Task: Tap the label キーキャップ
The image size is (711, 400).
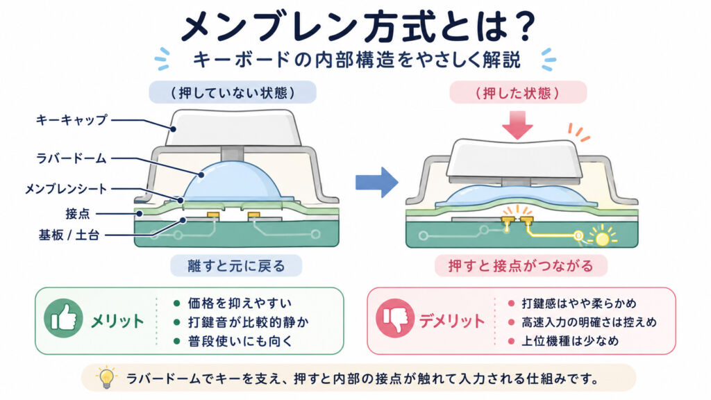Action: tap(72, 120)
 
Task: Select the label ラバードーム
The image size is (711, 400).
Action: tap(72, 158)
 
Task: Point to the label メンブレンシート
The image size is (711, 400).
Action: tap(66, 189)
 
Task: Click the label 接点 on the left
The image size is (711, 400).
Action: tap(78, 213)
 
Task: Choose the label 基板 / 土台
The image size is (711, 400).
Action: tap(69, 235)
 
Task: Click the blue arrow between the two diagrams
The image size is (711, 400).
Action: tap(377, 183)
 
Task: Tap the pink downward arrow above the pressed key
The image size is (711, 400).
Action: tap(517, 125)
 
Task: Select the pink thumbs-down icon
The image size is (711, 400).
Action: tap(395, 318)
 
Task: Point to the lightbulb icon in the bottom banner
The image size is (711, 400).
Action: tap(106, 377)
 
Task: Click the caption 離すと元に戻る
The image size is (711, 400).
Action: tap(236, 265)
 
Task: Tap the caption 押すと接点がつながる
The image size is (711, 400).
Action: tap(521, 265)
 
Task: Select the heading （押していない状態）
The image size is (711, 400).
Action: tap(233, 92)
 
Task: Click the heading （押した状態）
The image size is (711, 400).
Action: tap(517, 92)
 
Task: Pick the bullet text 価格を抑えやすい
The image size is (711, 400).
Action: tap(240, 303)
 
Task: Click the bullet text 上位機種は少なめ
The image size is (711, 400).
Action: tap(569, 341)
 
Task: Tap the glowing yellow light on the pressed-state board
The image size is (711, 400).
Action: tap(602, 237)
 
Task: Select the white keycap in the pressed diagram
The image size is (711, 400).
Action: tap(515, 159)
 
